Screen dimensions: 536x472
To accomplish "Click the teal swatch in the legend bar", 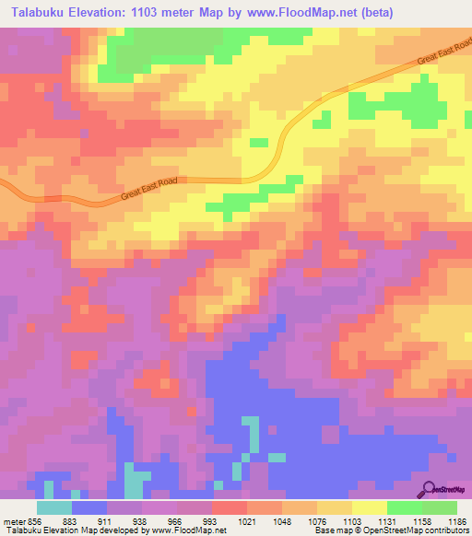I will pos(54,508).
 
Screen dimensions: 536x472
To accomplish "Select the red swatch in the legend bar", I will pos(229,508).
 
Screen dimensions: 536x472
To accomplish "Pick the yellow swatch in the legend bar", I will pos(369,508).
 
